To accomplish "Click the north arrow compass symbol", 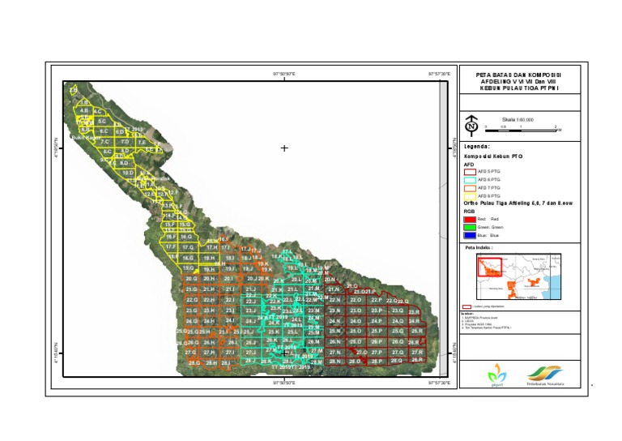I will point(471,126).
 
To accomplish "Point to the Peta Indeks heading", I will point(480,248).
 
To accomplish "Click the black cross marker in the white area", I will point(284,148).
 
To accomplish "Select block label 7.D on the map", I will point(125,142).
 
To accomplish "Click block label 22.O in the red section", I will point(356,300).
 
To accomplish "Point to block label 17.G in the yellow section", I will point(188,246).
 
